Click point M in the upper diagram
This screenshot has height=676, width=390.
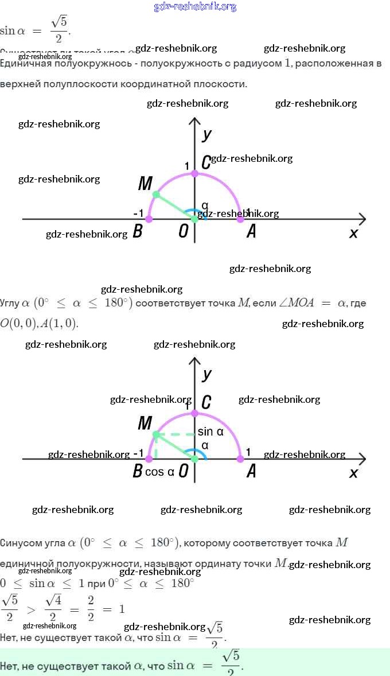click(156, 195)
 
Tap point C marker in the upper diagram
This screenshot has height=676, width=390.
click(195, 173)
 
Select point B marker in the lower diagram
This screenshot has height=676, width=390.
click(149, 459)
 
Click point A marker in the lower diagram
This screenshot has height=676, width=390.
click(240, 459)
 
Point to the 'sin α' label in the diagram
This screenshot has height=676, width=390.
click(210, 432)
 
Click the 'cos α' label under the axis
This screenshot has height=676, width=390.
click(159, 472)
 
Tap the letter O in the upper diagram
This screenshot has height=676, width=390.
click(184, 232)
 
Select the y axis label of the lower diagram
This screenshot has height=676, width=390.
click(207, 374)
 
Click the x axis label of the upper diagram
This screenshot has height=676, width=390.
click(353, 232)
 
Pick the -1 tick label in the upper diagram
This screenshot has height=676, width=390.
click(138, 213)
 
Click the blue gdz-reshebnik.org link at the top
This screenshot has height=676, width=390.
click(195, 7)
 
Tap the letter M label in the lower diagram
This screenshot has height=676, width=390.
click(145, 424)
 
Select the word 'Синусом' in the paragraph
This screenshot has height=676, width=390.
click(21, 543)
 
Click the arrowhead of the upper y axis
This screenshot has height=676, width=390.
click(195, 121)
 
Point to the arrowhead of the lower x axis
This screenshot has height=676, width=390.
click(362, 459)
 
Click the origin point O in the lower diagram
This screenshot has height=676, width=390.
click(195, 459)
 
